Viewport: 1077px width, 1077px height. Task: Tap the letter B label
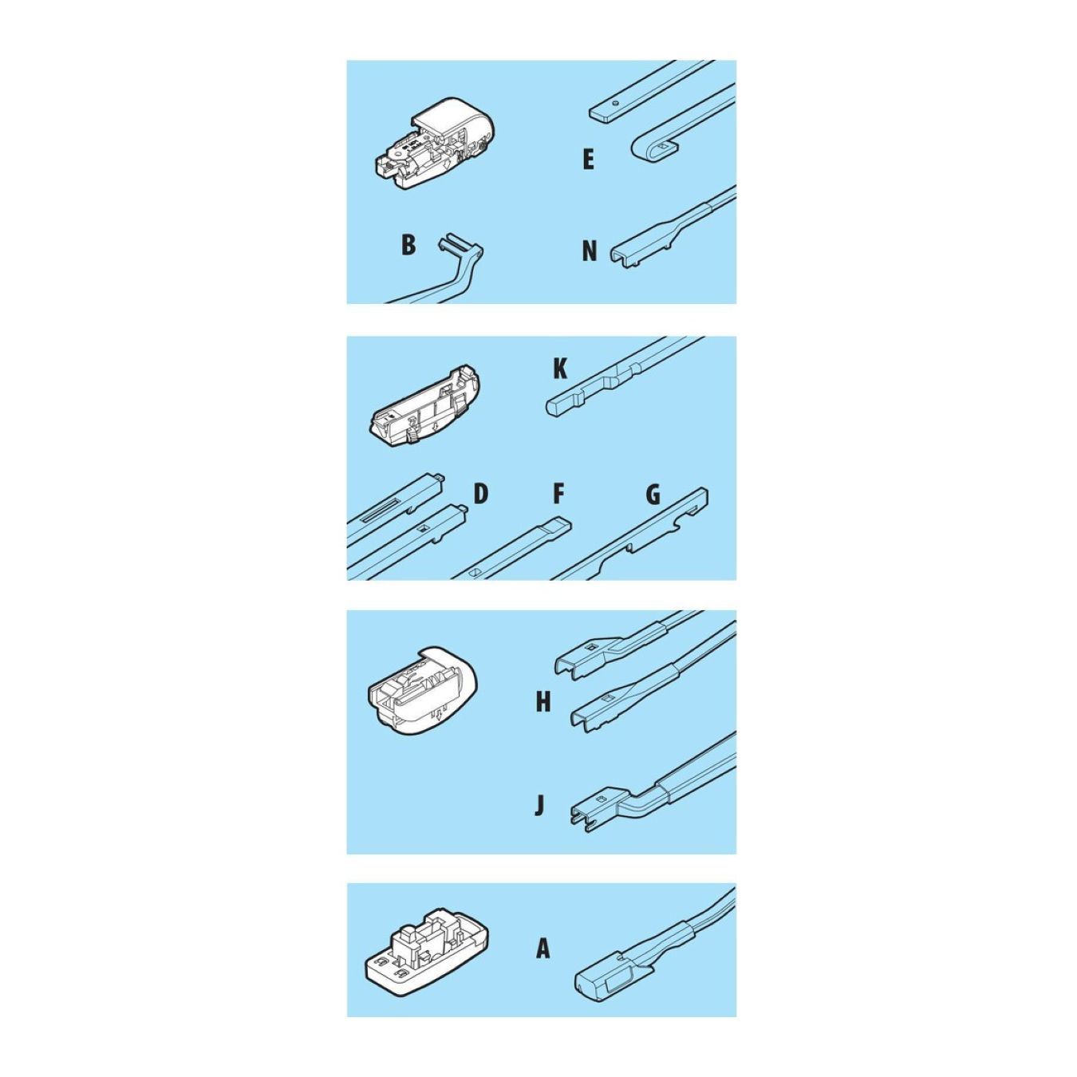point(408,245)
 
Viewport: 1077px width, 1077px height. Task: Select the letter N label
point(589,251)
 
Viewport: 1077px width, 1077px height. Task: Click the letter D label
point(480,494)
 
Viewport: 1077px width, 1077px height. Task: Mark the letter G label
point(653,494)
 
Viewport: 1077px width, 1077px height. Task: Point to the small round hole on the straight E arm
point(614,104)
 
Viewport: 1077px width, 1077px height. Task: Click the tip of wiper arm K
point(550,406)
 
